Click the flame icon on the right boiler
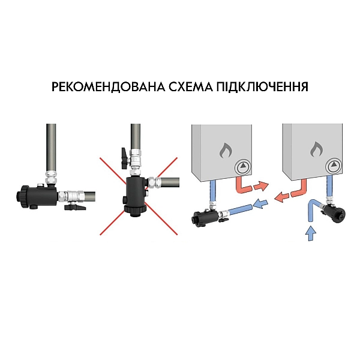tap(316, 149)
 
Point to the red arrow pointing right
tap(259, 184)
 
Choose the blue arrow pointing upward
tap(311, 233)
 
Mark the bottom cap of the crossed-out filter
tap(133, 211)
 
